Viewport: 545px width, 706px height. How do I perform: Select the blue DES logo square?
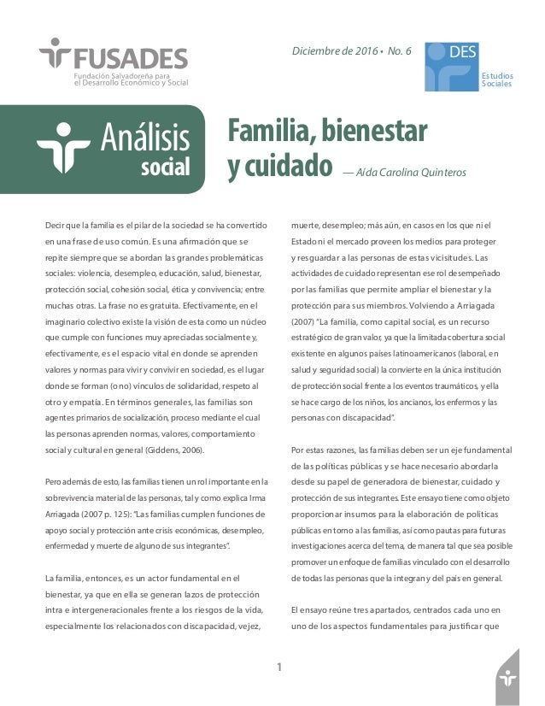coord(452,67)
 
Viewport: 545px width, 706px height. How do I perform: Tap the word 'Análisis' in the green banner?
coord(145,137)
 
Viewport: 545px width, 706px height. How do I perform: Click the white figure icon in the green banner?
coord(64,148)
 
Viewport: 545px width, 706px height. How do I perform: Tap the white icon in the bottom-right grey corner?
coord(509,679)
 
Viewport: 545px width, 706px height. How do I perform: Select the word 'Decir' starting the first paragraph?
coord(56,226)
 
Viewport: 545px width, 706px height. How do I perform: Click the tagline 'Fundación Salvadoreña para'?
coord(126,76)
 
